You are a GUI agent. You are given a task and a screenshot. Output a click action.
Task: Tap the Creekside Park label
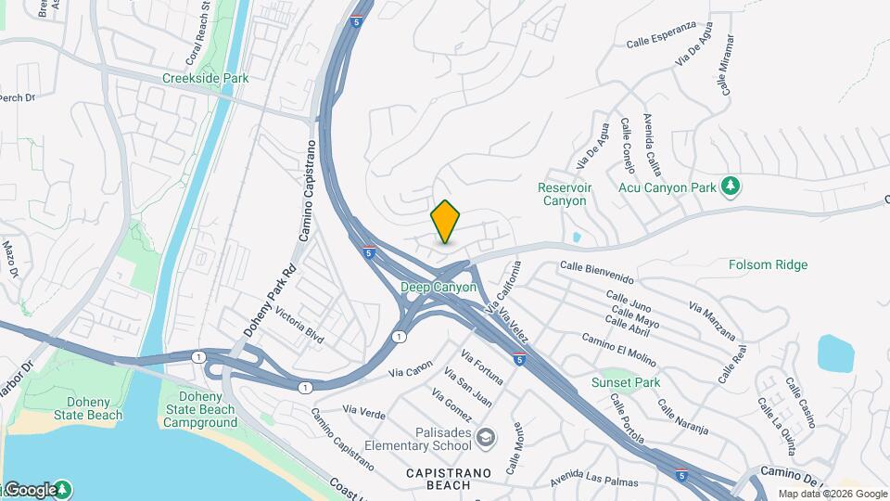click(x=205, y=79)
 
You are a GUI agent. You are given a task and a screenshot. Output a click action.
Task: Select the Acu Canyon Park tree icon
click(x=731, y=186)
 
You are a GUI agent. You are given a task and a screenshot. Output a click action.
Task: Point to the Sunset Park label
click(x=626, y=382)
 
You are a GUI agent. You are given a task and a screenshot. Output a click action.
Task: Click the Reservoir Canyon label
click(x=563, y=194)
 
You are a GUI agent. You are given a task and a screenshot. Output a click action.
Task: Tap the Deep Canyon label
click(x=439, y=288)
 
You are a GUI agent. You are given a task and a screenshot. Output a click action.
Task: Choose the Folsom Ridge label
click(x=768, y=265)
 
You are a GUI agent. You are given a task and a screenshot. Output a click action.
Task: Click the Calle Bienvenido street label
click(x=597, y=272)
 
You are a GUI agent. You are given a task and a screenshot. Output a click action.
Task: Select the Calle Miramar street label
click(x=727, y=65)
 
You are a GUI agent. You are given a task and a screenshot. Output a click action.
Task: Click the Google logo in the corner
click(x=30, y=489)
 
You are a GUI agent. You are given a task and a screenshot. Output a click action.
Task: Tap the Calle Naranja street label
click(x=682, y=417)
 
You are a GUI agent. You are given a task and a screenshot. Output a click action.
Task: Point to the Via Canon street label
click(x=412, y=368)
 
